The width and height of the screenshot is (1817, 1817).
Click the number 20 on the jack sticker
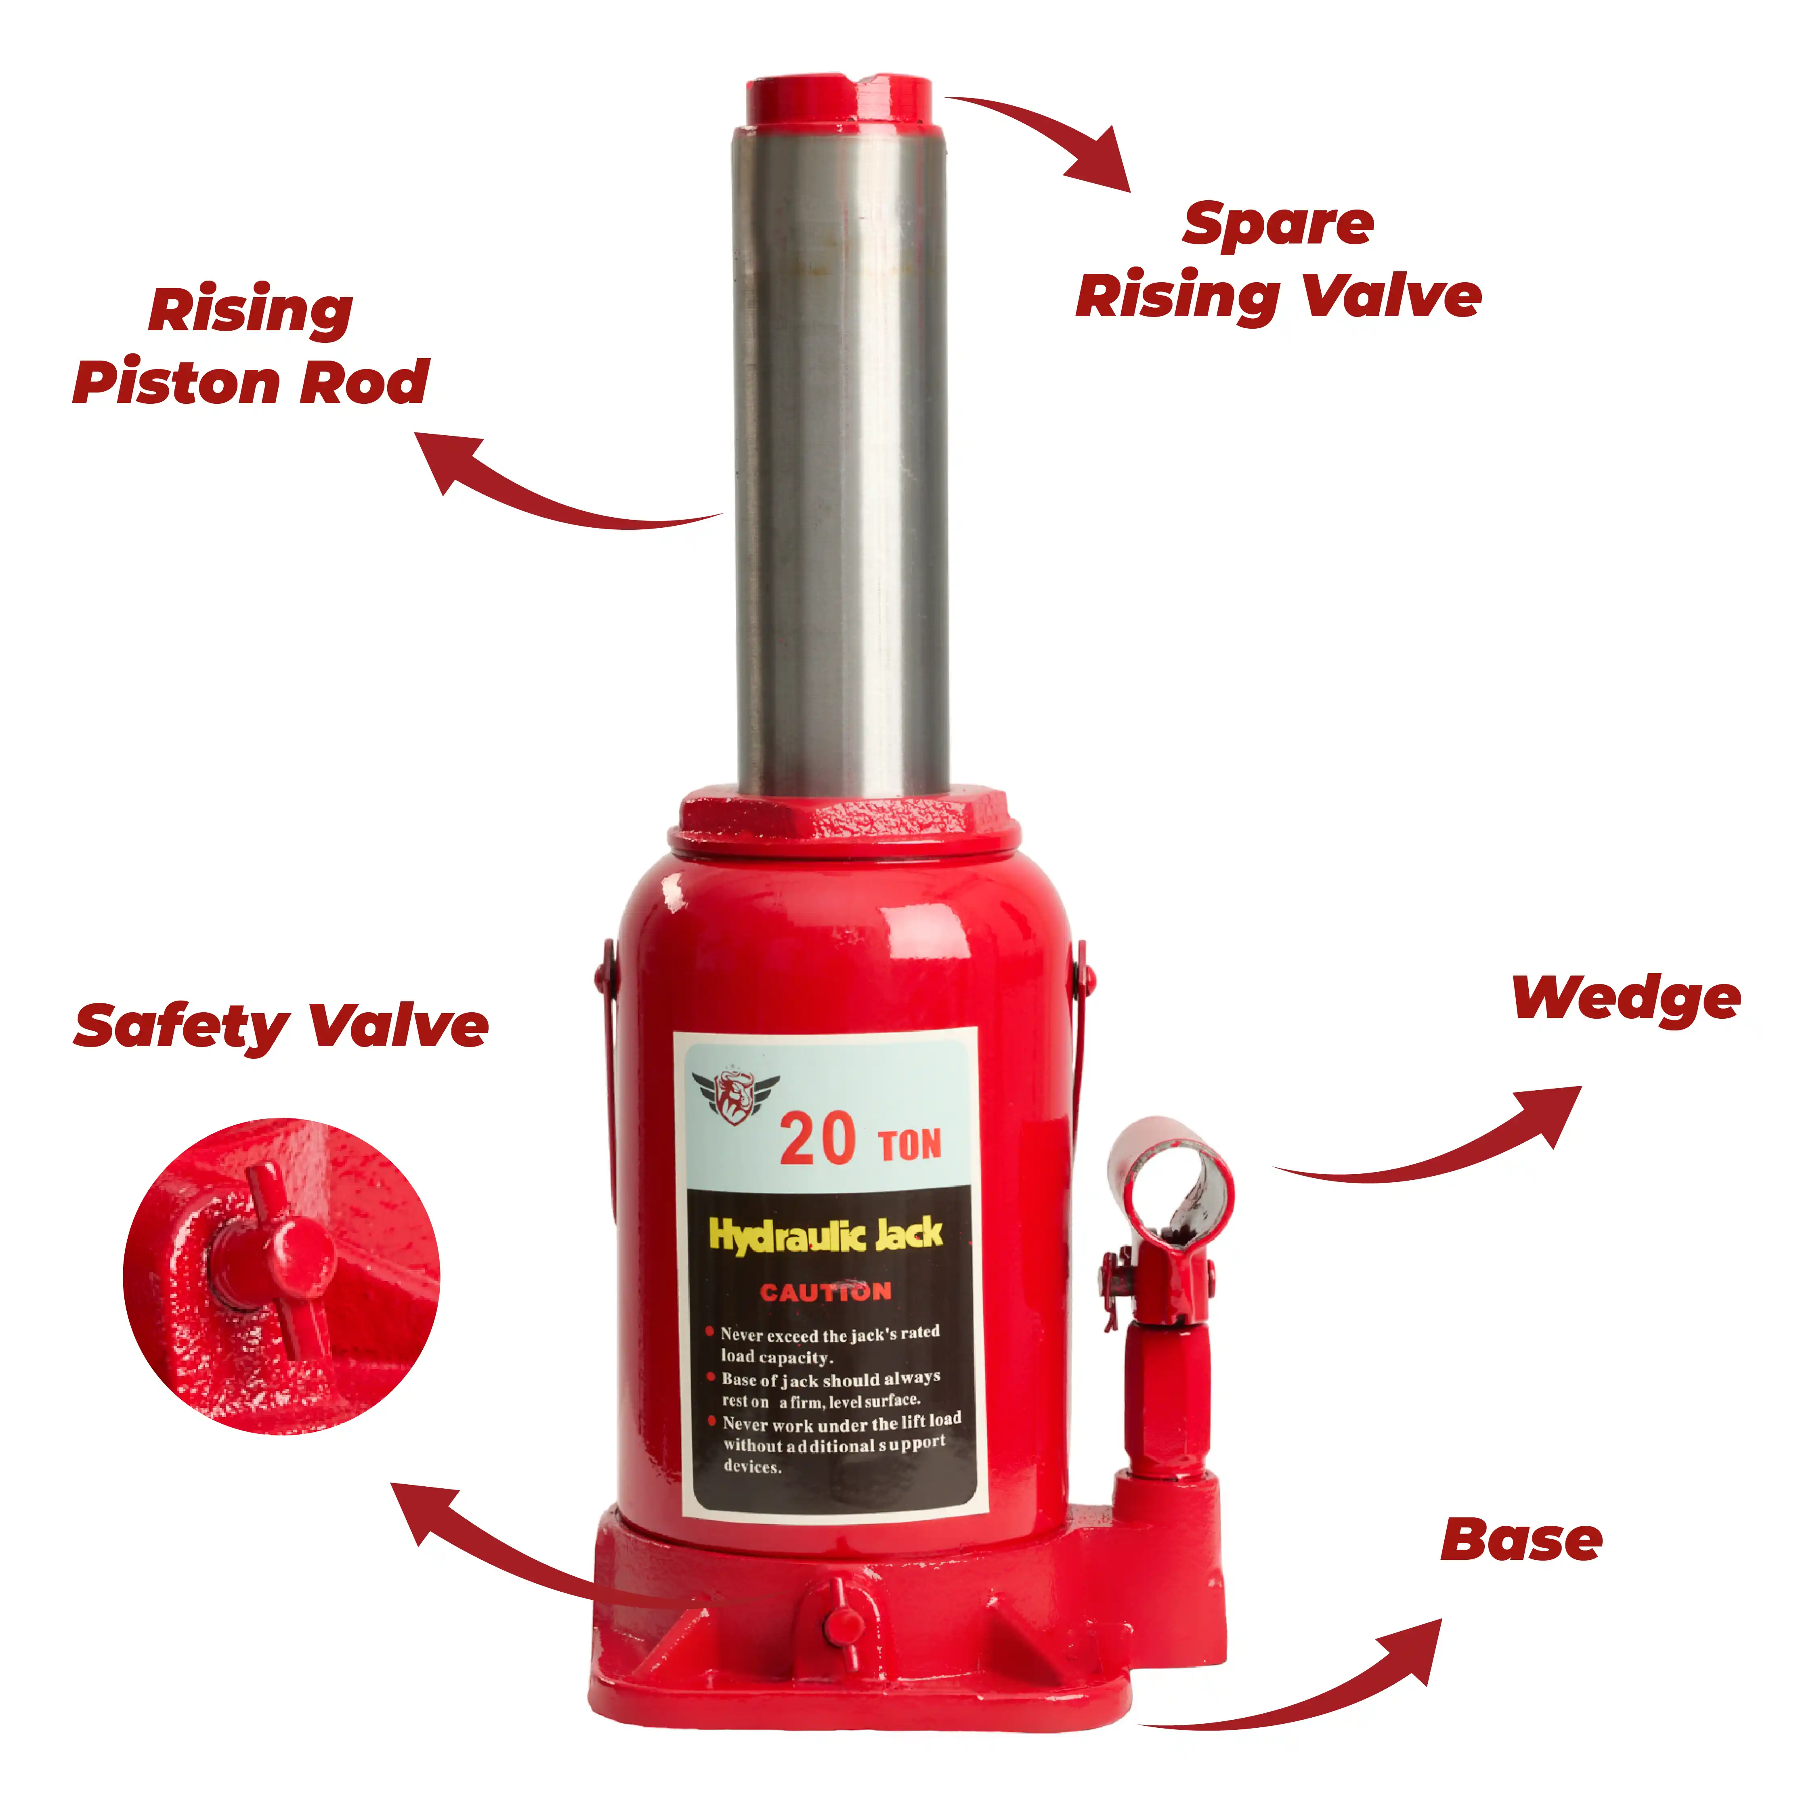(x=817, y=1140)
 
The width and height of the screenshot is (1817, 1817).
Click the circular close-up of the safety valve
(x=281, y=1276)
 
